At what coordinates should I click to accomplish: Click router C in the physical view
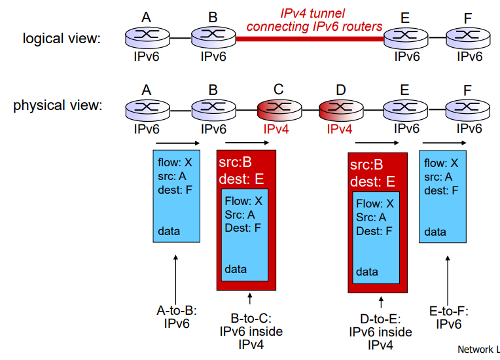click(x=278, y=109)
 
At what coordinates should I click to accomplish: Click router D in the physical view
click(x=339, y=109)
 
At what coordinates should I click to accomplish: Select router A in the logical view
click(x=147, y=37)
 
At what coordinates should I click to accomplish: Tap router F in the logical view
click(x=469, y=37)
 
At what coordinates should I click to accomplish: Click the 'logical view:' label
click(x=62, y=39)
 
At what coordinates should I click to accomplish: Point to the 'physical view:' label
click(x=58, y=105)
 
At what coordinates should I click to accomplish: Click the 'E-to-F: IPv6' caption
click(x=449, y=317)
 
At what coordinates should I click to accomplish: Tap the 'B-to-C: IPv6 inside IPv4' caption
click(x=251, y=331)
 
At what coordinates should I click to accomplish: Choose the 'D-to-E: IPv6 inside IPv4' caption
click(x=380, y=332)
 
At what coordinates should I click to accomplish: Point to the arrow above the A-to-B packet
click(x=177, y=142)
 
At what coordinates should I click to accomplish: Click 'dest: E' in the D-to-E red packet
click(x=374, y=181)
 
